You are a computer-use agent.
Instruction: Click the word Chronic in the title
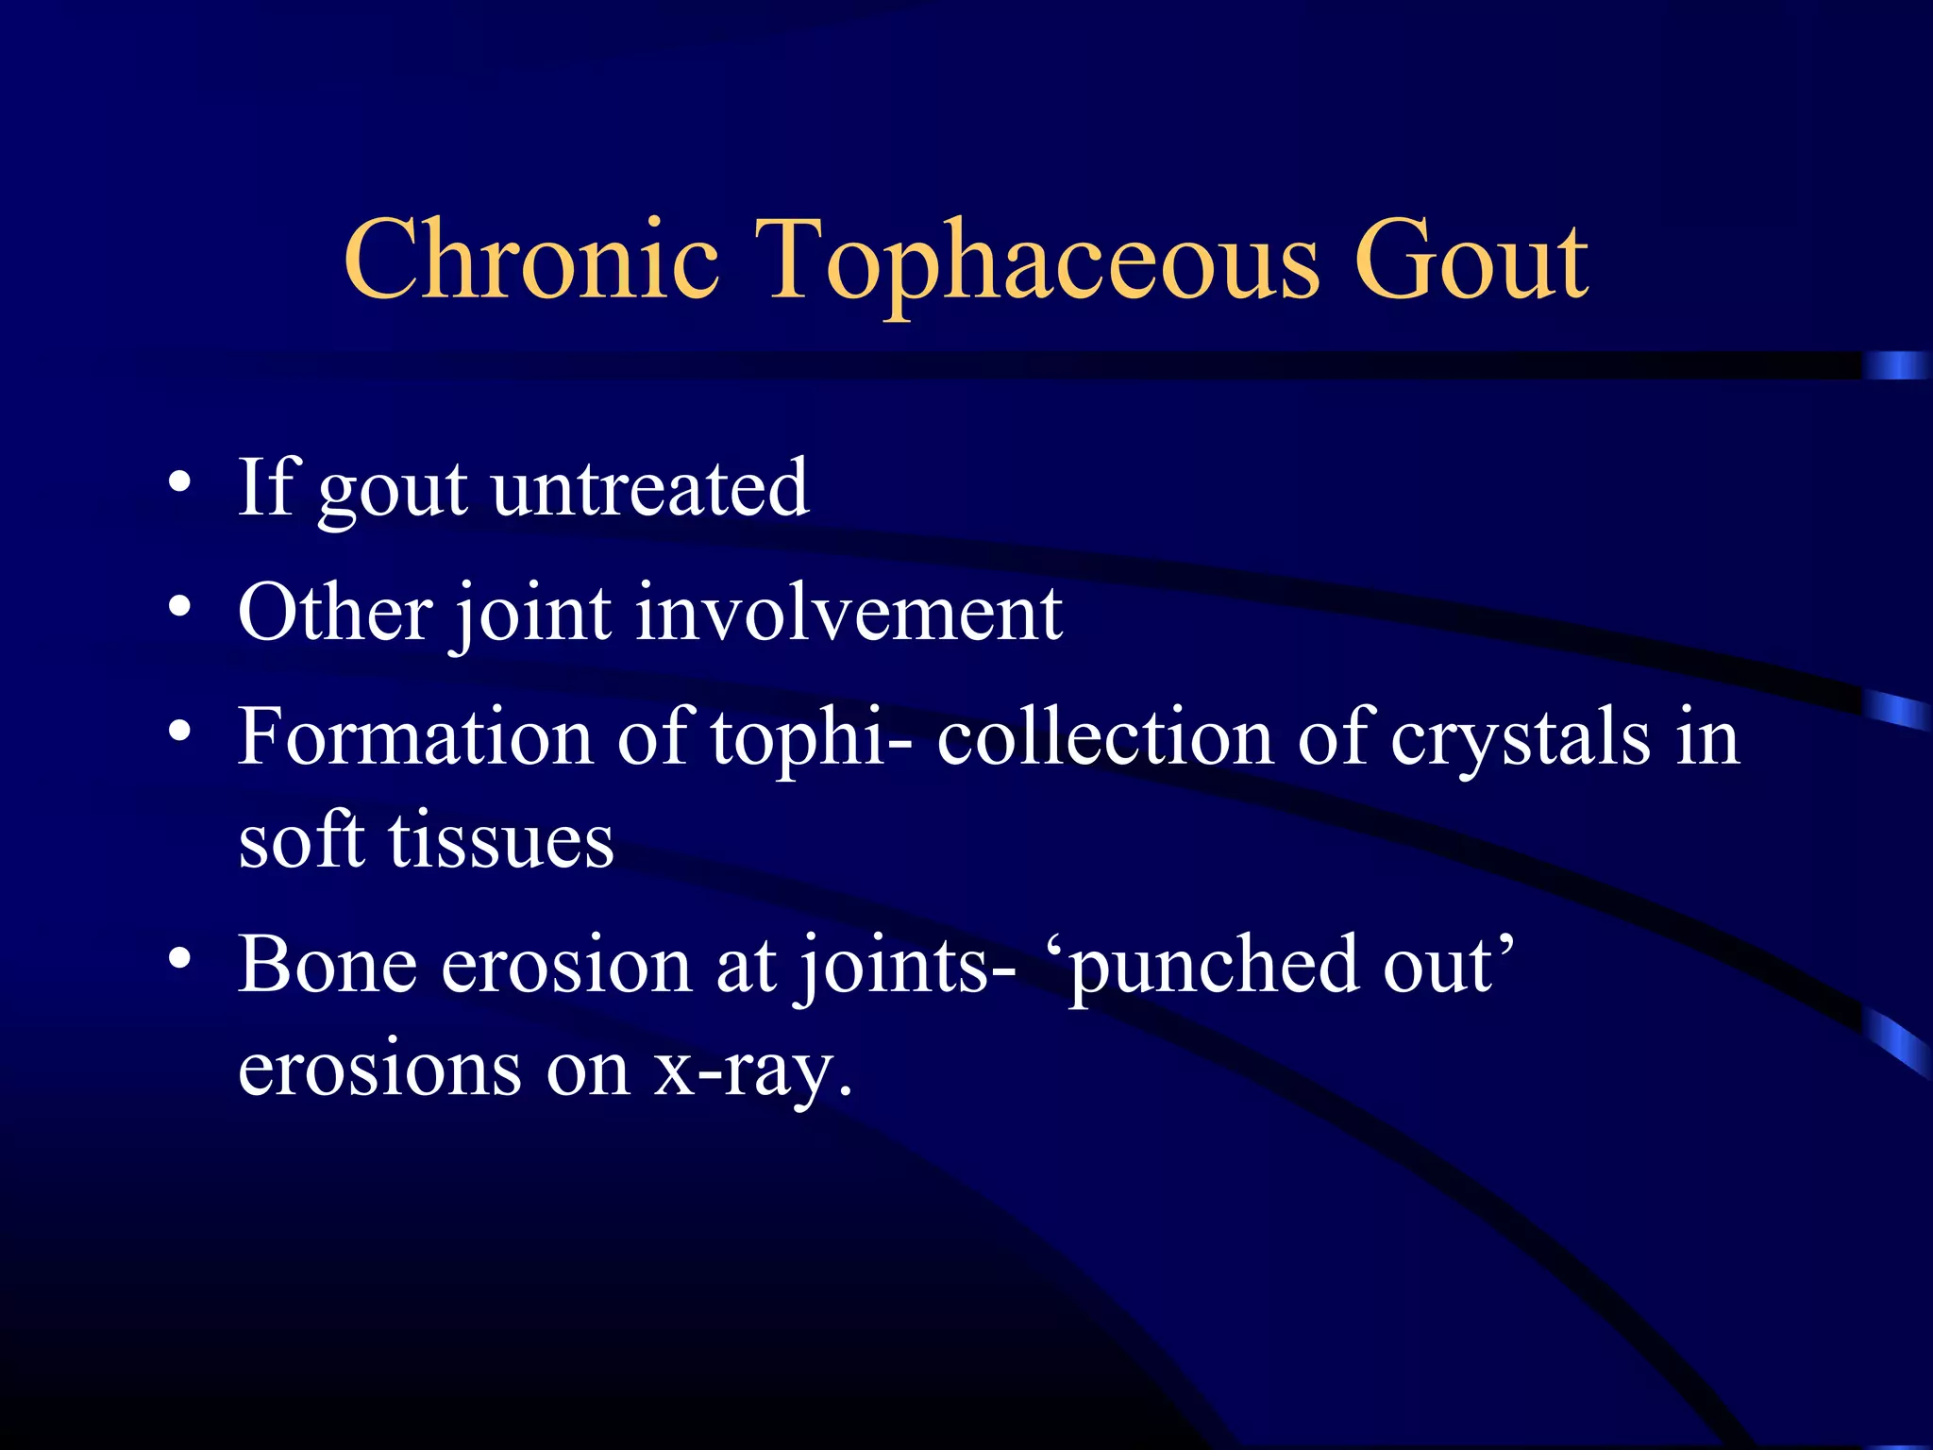point(531,260)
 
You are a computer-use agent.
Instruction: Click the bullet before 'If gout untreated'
point(179,483)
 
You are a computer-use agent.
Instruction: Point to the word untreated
point(650,488)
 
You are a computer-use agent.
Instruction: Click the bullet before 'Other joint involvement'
point(179,606)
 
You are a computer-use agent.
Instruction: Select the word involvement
point(849,614)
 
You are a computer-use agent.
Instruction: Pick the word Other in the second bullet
point(335,614)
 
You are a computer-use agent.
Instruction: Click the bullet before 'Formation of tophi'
point(179,731)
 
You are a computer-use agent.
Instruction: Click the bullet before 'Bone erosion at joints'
point(179,957)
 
